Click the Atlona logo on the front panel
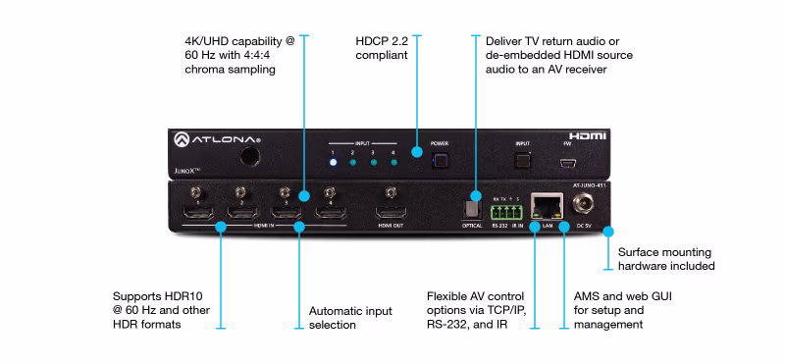pyautogui.click(x=217, y=140)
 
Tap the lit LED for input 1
pyautogui.click(x=333, y=162)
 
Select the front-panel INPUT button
pyautogui.click(x=523, y=157)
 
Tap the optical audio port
pyautogui.click(x=472, y=209)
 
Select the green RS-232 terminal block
pyautogui.click(x=505, y=210)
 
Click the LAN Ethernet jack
pyautogui.click(x=542, y=207)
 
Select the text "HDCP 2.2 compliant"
pyautogui.click(x=382, y=49)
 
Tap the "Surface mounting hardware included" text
pyautogui.click(x=666, y=258)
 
